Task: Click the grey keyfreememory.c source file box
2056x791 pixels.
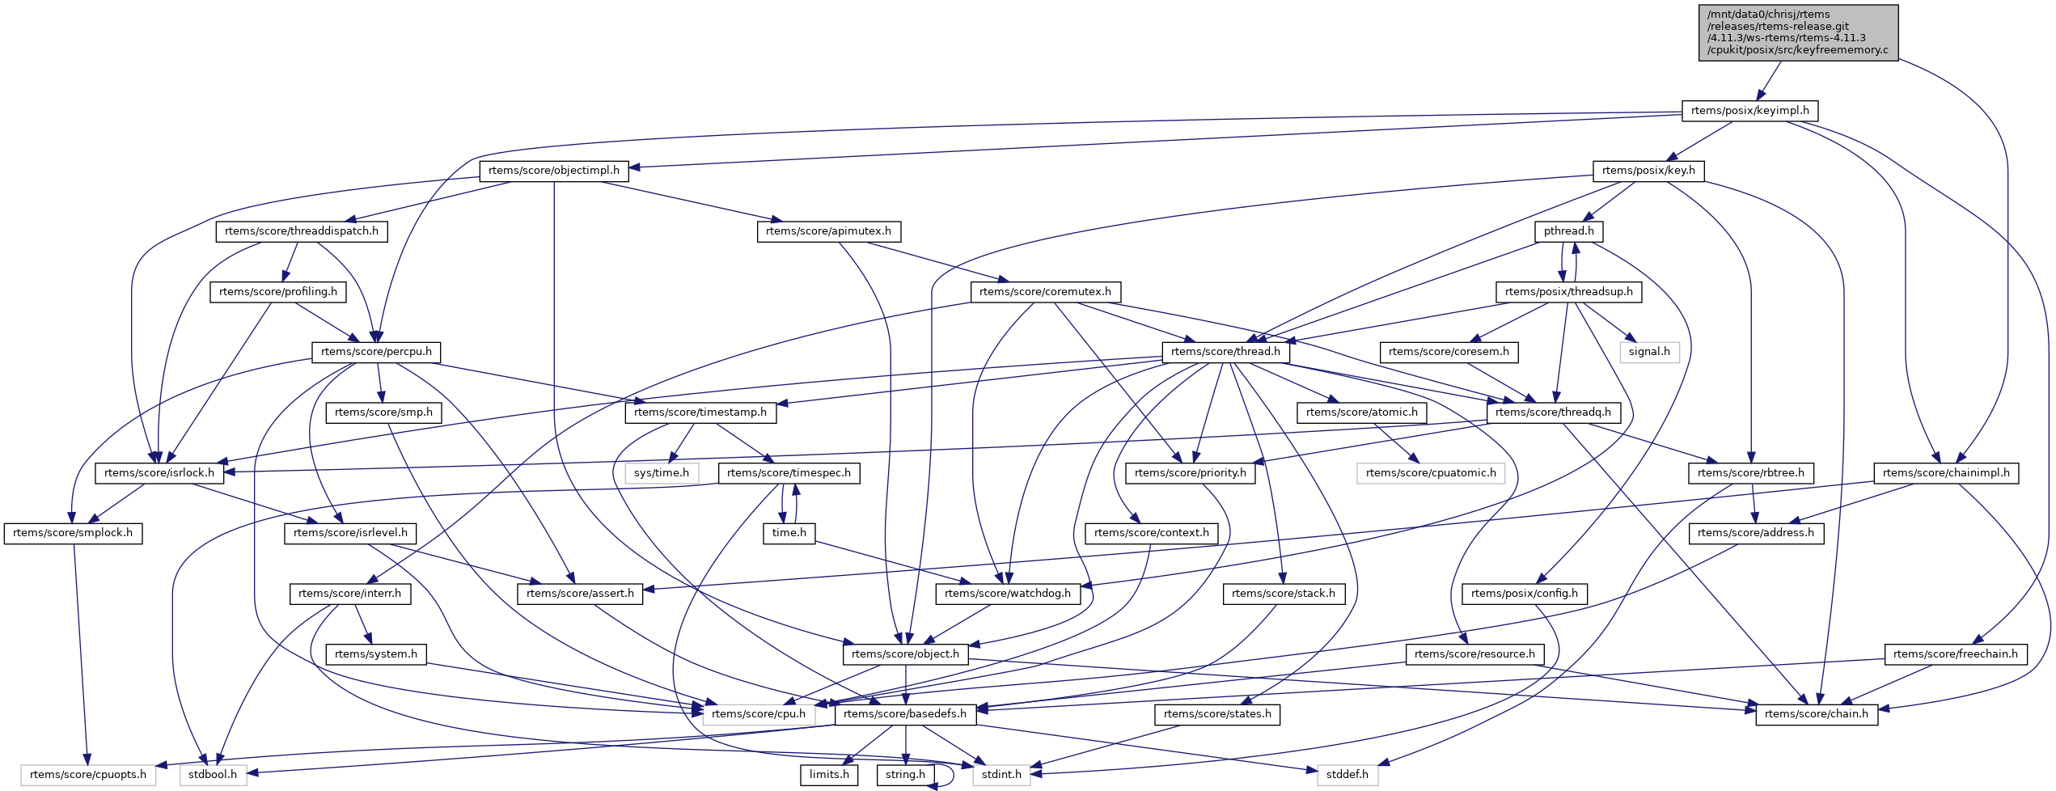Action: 1797,32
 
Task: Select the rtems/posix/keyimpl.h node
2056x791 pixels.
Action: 1749,111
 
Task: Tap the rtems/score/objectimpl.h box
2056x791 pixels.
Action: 553,171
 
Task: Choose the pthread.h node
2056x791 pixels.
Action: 1568,231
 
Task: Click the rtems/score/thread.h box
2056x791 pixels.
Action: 1225,352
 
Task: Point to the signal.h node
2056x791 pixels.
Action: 1649,352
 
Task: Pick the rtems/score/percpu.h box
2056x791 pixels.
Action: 376,352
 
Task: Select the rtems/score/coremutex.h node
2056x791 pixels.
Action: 1045,292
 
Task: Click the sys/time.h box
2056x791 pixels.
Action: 661,473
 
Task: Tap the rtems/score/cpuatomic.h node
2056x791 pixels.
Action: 1431,473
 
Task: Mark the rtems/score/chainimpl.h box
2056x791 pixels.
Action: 1946,473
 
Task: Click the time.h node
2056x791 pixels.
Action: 789,533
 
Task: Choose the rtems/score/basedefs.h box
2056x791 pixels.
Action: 904,714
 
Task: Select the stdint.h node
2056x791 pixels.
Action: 1001,775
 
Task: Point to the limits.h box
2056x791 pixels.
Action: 829,775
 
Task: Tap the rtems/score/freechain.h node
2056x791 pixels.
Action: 1955,654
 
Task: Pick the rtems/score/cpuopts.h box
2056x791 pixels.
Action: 88,775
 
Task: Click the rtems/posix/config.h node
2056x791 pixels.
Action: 1524,594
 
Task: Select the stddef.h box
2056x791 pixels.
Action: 1347,775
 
